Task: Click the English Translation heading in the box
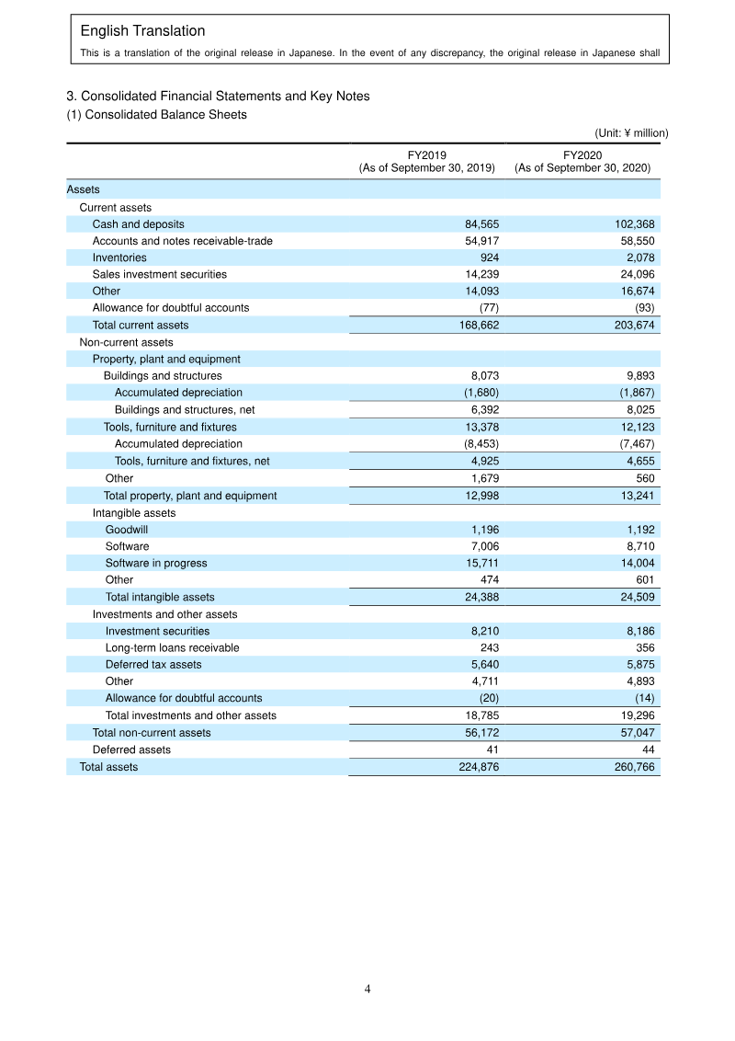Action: pos(142,31)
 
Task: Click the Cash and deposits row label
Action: pos(138,224)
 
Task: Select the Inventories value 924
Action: pos(489,257)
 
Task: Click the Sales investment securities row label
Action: pos(159,274)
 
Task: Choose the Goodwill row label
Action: pos(126,530)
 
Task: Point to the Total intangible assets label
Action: pos(160,597)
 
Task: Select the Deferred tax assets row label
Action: pos(153,664)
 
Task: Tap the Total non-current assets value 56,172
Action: pos(479,733)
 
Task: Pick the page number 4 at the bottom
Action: pos(367,990)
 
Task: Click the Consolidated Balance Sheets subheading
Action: pos(156,115)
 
